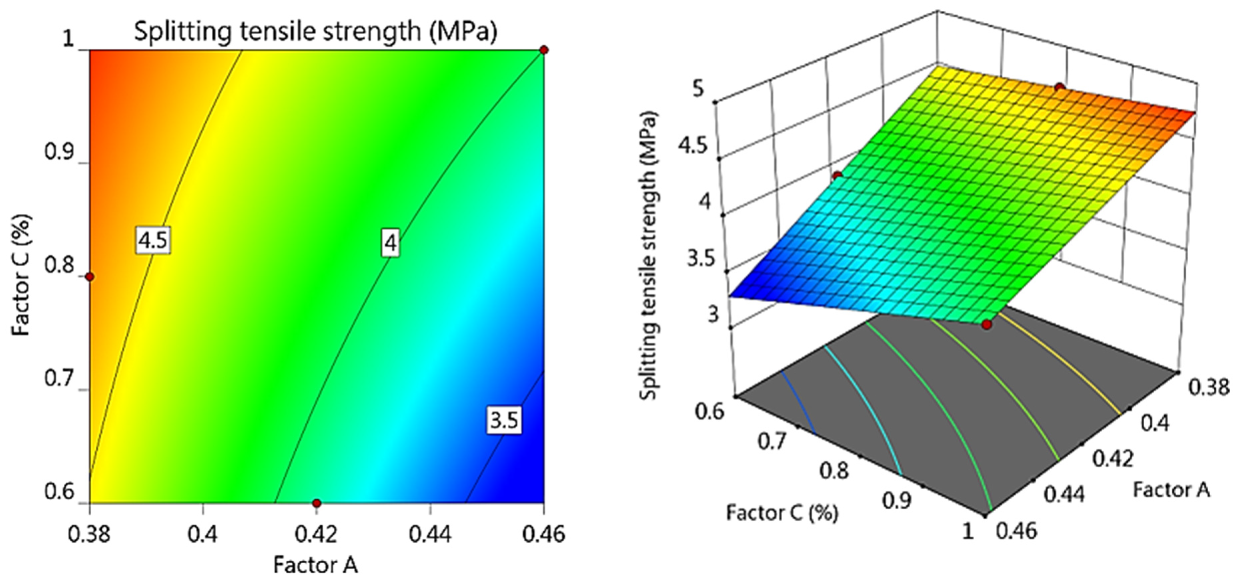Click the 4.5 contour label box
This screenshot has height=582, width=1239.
coord(152,239)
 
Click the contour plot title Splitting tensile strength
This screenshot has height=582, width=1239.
coord(315,32)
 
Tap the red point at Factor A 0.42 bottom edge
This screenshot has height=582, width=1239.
coord(316,503)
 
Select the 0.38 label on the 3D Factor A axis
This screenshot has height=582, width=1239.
coord(1208,386)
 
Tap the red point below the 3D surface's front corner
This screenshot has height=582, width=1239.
coord(987,324)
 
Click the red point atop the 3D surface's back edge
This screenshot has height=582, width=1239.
coord(1060,88)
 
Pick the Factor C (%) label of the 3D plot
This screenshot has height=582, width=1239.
coord(782,513)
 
